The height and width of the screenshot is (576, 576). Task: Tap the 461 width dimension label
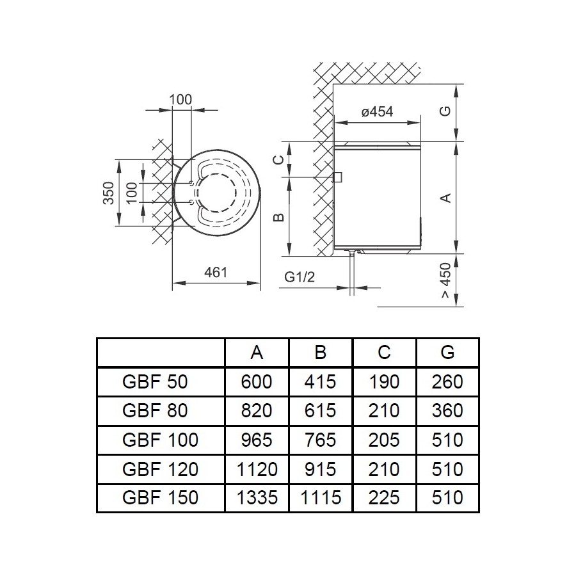(216, 272)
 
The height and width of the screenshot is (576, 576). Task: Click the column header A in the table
(257, 353)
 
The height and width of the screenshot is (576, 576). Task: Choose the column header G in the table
(447, 353)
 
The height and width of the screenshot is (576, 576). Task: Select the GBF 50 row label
(154, 382)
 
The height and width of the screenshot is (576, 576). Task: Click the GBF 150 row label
(159, 497)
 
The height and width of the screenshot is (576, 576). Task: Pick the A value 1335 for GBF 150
(257, 497)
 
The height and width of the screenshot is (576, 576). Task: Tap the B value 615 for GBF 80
(321, 411)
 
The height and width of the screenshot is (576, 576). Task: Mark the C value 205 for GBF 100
(384, 440)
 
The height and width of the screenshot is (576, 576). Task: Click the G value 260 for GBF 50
(447, 382)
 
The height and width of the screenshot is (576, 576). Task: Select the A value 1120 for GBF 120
(257, 468)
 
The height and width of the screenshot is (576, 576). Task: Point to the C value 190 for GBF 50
(384, 382)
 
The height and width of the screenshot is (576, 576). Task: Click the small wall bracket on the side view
(337, 176)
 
